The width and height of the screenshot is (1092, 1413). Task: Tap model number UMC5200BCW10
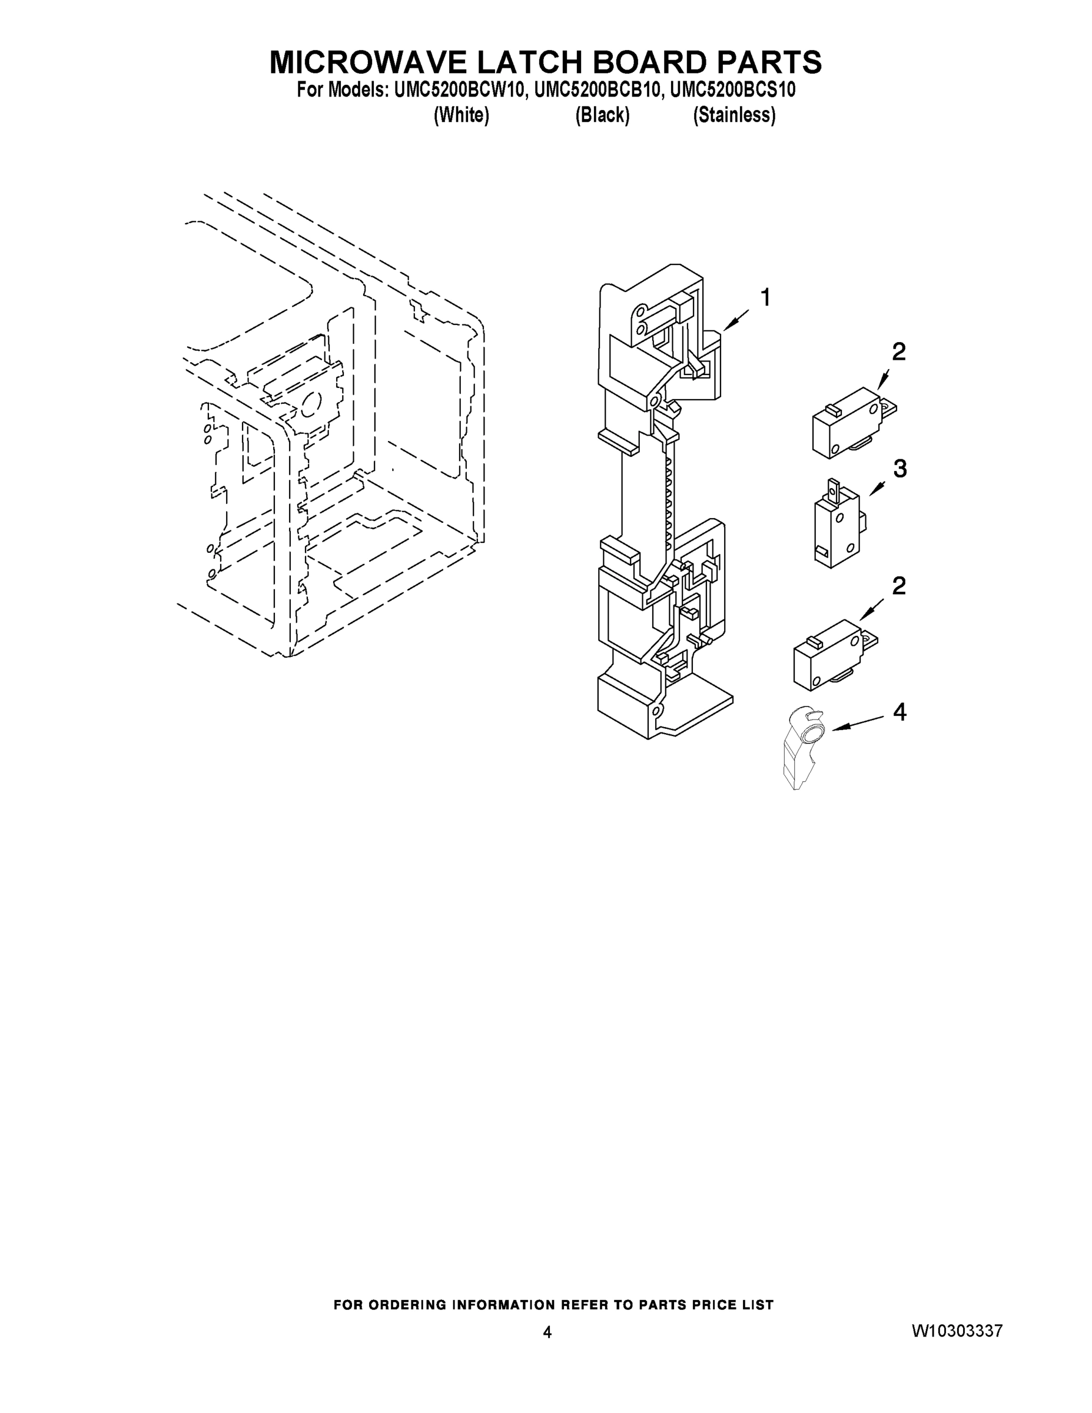point(457,90)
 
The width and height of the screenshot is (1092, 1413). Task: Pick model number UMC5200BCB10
point(599,90)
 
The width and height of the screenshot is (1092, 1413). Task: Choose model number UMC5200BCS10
point(733,90)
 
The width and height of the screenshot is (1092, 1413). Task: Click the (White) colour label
point(462,115)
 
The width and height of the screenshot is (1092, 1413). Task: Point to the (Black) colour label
point(602,115)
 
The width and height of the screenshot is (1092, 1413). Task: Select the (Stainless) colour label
point(734,115)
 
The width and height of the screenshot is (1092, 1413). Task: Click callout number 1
point(765,298)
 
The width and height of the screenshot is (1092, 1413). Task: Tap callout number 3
point(900,469)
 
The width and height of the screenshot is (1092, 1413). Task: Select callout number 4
point(900,712)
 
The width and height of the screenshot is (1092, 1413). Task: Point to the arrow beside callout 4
point(857,724)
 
